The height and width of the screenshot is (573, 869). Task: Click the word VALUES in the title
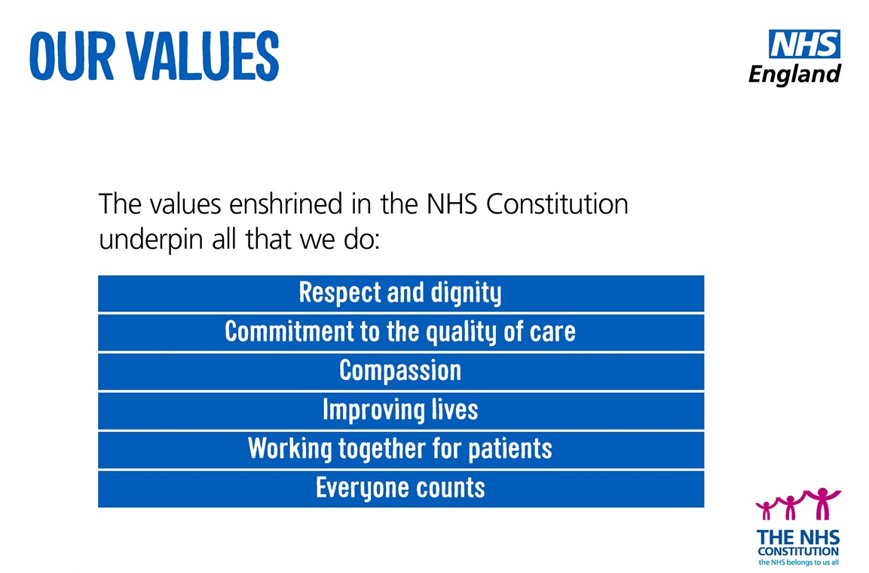coord(203,56)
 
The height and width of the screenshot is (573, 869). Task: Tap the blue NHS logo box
coord(804,44)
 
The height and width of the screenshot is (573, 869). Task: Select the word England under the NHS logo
coord(794,74)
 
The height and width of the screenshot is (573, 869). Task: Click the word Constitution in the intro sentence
coord(557,204)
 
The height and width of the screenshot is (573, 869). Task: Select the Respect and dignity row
coord(401,293)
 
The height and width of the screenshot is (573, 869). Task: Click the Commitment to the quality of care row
coord(401,332)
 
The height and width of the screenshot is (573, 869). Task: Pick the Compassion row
coord(401,372)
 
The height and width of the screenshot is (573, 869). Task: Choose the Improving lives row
coord(401,411)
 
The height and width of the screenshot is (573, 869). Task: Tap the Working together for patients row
coord(401,450)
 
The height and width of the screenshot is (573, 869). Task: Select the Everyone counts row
coord(401,489)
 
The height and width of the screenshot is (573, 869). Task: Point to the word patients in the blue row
coord(510,449)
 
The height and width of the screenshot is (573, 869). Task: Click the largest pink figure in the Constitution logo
coord(822,502)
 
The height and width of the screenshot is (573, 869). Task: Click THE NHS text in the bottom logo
coord(798,538)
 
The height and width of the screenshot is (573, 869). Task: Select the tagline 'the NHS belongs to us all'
coord(799,562)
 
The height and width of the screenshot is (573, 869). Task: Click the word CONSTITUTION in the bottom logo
coord(798,552)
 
